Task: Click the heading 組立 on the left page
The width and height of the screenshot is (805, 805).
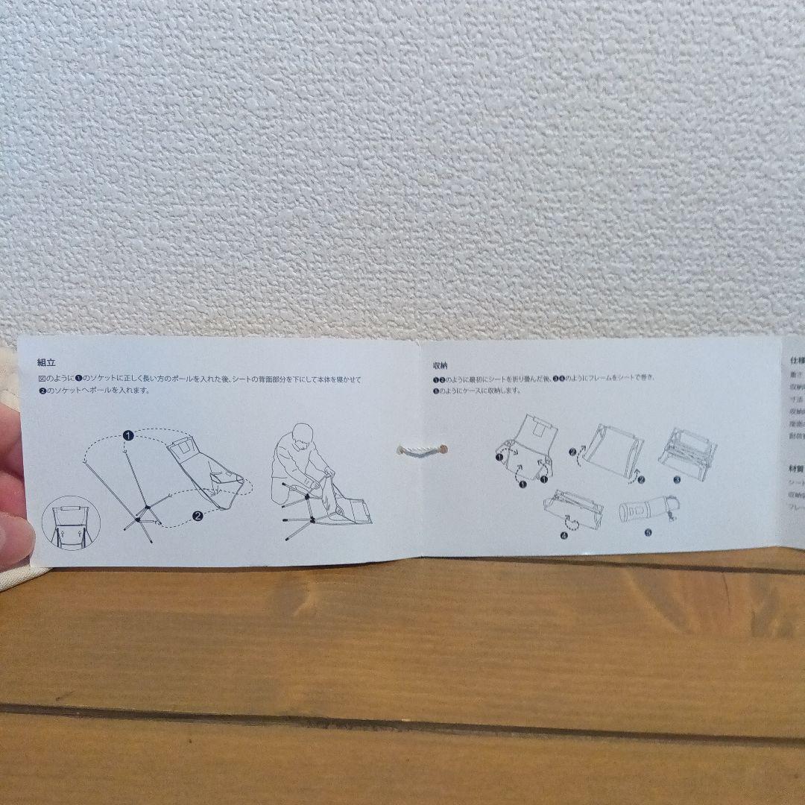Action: coord(45,363)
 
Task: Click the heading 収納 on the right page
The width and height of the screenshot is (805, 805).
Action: coord(440,366)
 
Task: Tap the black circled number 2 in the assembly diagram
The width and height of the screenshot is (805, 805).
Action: coord(198,514)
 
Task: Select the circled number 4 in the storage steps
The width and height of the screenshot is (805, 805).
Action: coord(563,534)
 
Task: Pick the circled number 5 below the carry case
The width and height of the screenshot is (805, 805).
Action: coord(647,533)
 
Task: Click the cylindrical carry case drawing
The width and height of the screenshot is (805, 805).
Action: coord(645,511)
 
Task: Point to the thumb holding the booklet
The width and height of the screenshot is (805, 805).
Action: coord(15,529)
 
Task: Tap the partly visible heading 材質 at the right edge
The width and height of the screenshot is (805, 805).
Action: coord(796,470)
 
